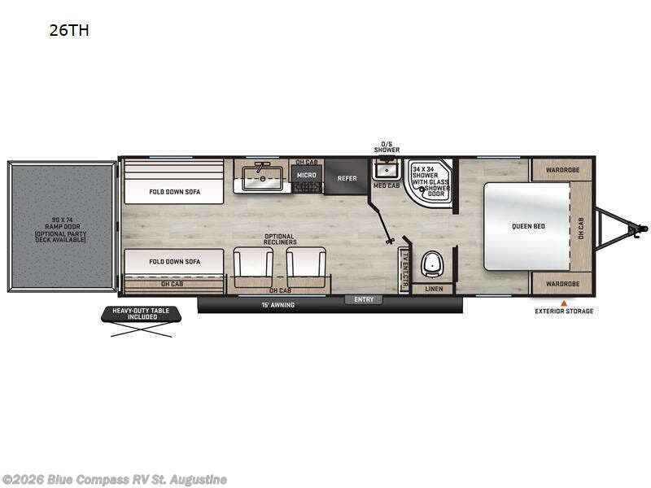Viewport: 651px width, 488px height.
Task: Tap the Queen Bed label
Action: pyautogui.click(x=528, y=225)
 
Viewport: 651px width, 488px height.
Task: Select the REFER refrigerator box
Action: pyautogui.click(x=347, y=178)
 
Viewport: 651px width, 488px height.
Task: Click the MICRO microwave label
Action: pyautogui.click(x=306, y=175)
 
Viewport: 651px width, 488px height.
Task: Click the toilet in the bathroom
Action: pyautogui.click(x=431, y=264)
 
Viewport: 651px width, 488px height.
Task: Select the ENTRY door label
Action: pyautogui.click(x=364, y=299)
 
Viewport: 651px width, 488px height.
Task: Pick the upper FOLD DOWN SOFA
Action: pyautogui.click(x=173, y=192)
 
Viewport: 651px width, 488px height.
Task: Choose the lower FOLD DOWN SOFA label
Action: pyautogui.click(x=173, y=262)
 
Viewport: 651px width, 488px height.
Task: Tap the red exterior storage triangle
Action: pyautogui.click(x=563, y=303)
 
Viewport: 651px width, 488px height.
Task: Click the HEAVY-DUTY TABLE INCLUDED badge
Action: pyautogui.click(x=137, y=313)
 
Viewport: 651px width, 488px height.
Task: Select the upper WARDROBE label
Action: pyautogui.click(x=562, y=171)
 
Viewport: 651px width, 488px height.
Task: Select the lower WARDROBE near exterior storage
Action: pyautogui.click(x=562, y=284)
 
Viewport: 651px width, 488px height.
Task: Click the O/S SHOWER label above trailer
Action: pyautogui.click(x=387, y=147)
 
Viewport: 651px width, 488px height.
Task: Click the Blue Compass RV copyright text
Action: pyautogui.click(x=115, y=480)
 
